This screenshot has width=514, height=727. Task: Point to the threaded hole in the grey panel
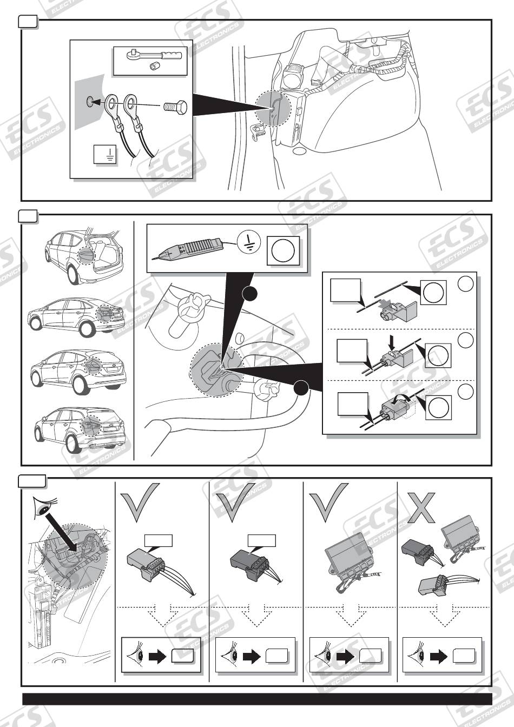point(90,103)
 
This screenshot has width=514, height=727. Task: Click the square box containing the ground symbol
point(105,154)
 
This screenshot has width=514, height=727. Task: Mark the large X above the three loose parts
point(421,507)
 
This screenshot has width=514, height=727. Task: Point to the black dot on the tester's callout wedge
point(249,294)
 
